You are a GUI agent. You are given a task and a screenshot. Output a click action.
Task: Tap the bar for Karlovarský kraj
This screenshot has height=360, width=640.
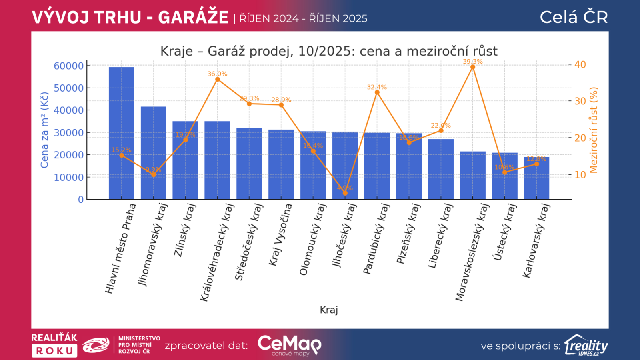(x=536, y=178)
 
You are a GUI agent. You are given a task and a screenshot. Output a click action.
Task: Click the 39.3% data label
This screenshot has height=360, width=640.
(x=472, y=61)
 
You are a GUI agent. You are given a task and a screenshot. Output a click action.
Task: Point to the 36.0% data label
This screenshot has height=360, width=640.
(x=217, y=74)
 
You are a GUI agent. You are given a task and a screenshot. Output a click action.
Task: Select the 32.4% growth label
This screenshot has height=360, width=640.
(x=377, y=87)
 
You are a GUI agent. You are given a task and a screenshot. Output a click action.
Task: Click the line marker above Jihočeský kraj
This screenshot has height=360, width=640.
(x=345, y=193)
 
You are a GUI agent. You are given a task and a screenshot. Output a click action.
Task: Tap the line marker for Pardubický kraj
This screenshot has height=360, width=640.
(x=377, y=92)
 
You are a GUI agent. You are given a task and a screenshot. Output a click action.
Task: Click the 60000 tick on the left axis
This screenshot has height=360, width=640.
(x=69, y=66)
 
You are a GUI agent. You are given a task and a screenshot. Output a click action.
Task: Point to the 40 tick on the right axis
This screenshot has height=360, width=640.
(x=580, y=64)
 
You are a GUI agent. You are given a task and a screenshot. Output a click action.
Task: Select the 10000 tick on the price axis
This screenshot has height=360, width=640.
(x=69, y=177)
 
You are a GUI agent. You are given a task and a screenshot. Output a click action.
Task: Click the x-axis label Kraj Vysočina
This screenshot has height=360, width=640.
(x=280, y=234)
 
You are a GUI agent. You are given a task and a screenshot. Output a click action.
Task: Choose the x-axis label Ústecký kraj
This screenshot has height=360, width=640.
(x=505, y=232)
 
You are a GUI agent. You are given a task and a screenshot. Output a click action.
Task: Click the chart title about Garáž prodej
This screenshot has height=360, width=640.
(x=329, y=51)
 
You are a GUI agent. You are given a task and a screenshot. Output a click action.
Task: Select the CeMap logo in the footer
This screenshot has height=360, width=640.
(x=290, y=345)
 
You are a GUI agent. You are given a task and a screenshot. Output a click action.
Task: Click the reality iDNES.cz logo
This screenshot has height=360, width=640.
(x=586, y=345)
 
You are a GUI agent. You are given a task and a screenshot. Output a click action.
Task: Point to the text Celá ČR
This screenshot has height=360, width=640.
(x=574, y=17)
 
